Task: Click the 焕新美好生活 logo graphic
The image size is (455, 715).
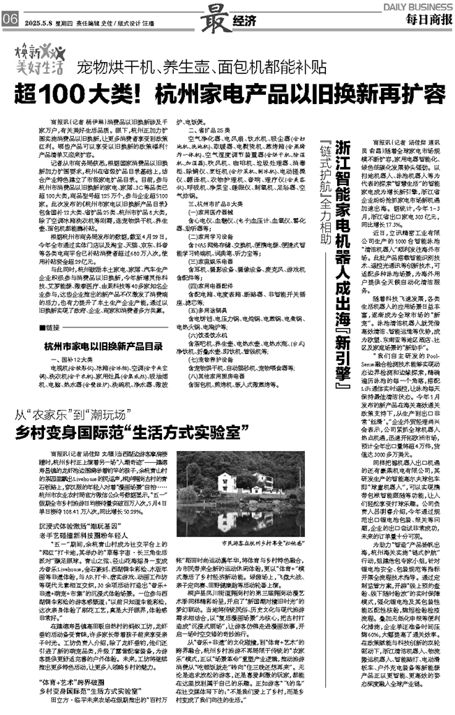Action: coord(40,61)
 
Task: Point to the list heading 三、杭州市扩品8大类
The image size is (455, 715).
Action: coord(204,205)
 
